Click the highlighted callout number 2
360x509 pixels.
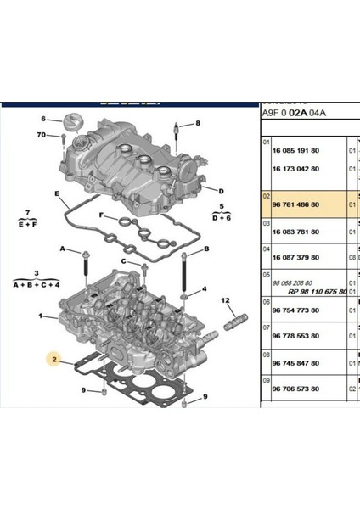54,358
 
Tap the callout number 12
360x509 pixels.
226,300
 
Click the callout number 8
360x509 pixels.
197,124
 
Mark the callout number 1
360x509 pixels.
40,316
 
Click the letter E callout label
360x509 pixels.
56,193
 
